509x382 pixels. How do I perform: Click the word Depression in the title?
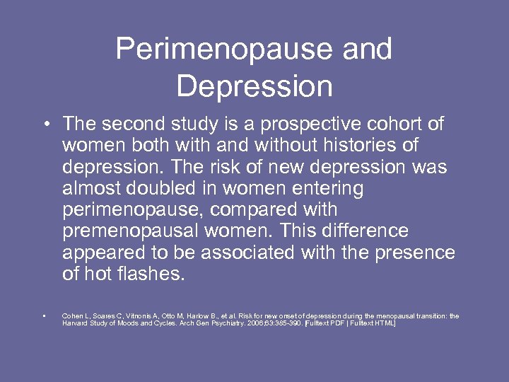(255, 86)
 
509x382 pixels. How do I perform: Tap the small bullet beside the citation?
(44, 316)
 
